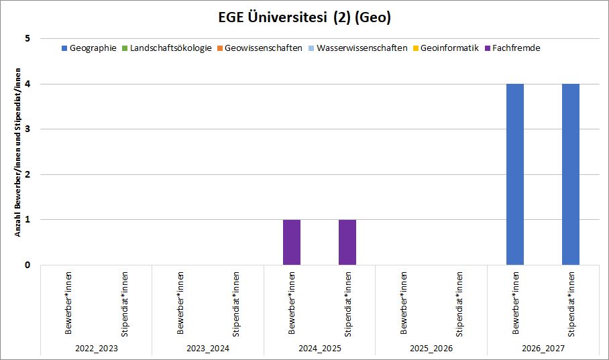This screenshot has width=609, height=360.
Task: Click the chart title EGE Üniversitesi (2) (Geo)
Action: point(304,17)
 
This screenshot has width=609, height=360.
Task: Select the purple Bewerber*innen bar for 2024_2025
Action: point(292,242)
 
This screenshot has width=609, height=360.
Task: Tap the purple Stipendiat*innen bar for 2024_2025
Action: point(347,242)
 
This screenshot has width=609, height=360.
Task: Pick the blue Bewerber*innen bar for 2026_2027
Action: point(515,174)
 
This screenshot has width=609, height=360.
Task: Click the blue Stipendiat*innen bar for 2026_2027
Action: point(571,174)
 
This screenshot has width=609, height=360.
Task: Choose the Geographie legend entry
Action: point(89,48)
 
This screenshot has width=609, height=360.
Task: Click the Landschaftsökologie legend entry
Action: point(167,48)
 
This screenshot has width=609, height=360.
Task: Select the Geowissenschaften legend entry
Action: point(260,48)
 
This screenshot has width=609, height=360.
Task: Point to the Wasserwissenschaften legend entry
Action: point(357,48)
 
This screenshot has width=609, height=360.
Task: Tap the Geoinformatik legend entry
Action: point(446,48)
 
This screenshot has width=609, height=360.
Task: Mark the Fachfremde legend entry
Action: point(512,48)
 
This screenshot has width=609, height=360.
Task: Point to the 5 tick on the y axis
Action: point(27,38)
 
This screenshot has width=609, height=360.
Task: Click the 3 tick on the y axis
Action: point(27,129)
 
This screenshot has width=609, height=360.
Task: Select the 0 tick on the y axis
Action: point(27,265)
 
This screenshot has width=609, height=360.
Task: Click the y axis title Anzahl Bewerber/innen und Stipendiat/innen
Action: point(18,152)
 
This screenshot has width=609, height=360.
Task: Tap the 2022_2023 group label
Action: point(97,349)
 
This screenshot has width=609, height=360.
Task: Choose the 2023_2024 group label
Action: point(208,349)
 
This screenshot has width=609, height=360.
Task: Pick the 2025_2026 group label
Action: point(431,349)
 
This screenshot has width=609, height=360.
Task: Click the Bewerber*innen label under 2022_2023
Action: point(68,303)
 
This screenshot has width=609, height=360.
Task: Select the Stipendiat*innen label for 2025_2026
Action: point(459,304)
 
